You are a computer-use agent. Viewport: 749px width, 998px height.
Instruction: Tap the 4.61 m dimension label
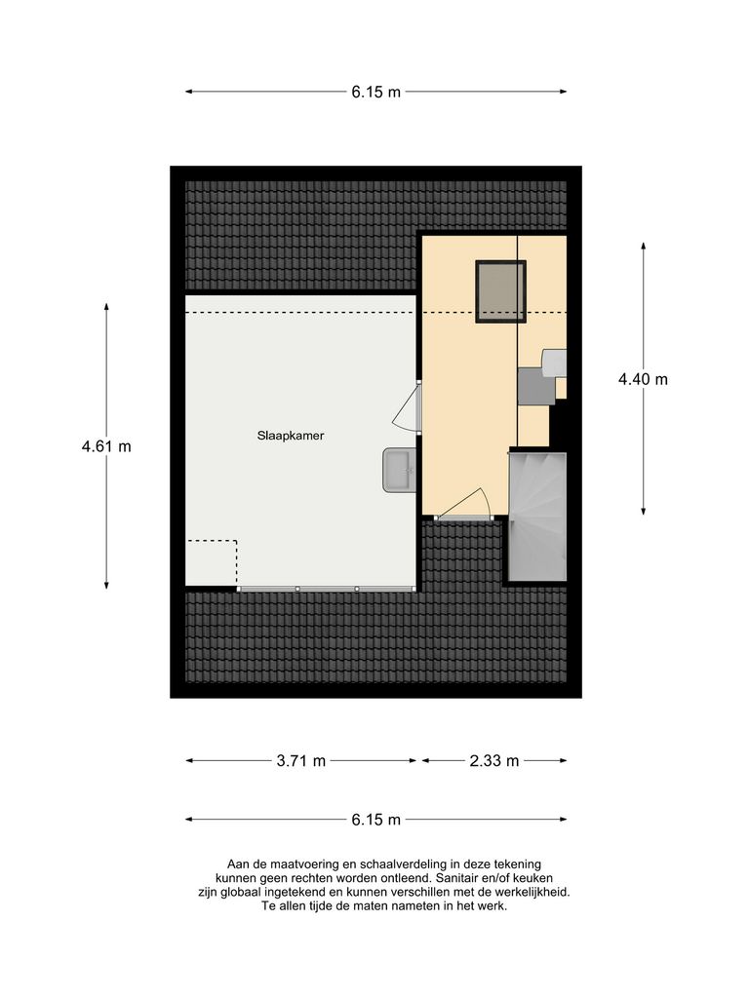pyautogui.click(x=106, y=446)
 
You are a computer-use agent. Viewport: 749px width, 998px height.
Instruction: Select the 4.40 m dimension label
pyautogui.click(x=643, y=380)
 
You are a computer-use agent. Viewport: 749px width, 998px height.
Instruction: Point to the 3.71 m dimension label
pyautogui.click(x=301, y=761)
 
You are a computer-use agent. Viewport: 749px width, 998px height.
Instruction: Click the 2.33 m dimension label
pyautogui.click(x=493, y=761)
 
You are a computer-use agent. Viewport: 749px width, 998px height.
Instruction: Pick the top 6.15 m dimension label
pyautogui.click(x=375, y=93)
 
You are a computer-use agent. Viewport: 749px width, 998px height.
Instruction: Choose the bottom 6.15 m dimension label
pyautogui.click(x=375, y=820)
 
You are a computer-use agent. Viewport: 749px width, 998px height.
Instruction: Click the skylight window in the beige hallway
pyautogui.click(x=500, y=290)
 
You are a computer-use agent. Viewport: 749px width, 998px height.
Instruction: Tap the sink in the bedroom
pyautogui.click(x=400, y=470)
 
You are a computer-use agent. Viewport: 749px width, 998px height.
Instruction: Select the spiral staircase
pyautogui.click(x=537, y=516)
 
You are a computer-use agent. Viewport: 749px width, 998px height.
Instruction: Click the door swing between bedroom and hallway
pyautogui.click(x=408, y=407)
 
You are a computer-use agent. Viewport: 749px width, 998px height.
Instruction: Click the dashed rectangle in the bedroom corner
pyautogui.click(x=212, y=562)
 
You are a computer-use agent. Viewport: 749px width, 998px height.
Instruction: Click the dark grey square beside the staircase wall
pyautogui.click(x=535, y=385)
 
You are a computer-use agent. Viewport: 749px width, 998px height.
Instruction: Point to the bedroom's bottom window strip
pyautogui.click(x=327, y=589)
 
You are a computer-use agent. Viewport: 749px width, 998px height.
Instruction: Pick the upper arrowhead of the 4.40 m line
pyautogui.click(x=643, y=246)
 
